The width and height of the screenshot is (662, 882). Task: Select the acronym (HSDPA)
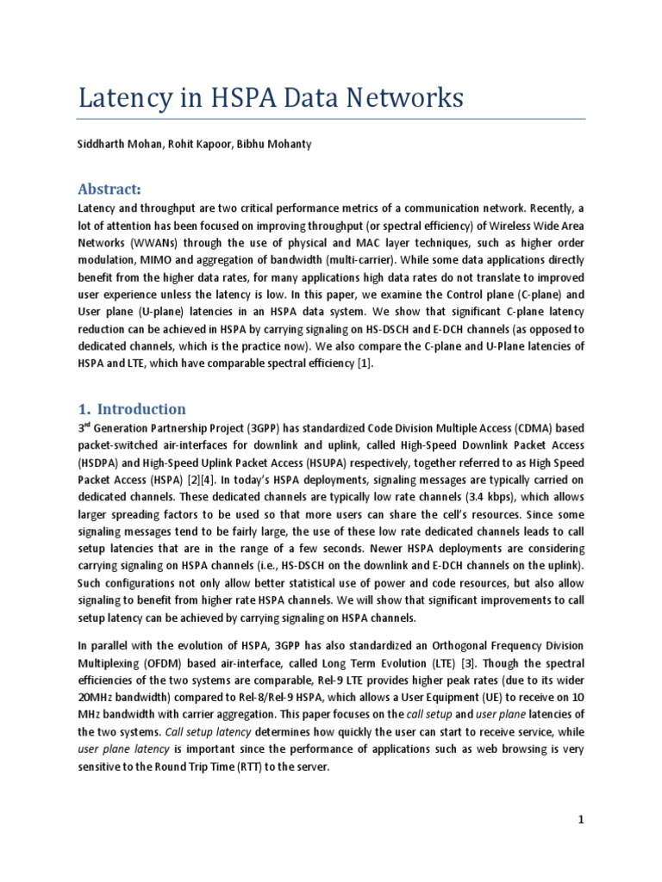click(x=99, y=462)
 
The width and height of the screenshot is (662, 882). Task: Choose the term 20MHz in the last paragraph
click(x=97, y=697)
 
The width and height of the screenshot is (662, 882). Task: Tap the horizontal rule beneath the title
click(x=331, y=119)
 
